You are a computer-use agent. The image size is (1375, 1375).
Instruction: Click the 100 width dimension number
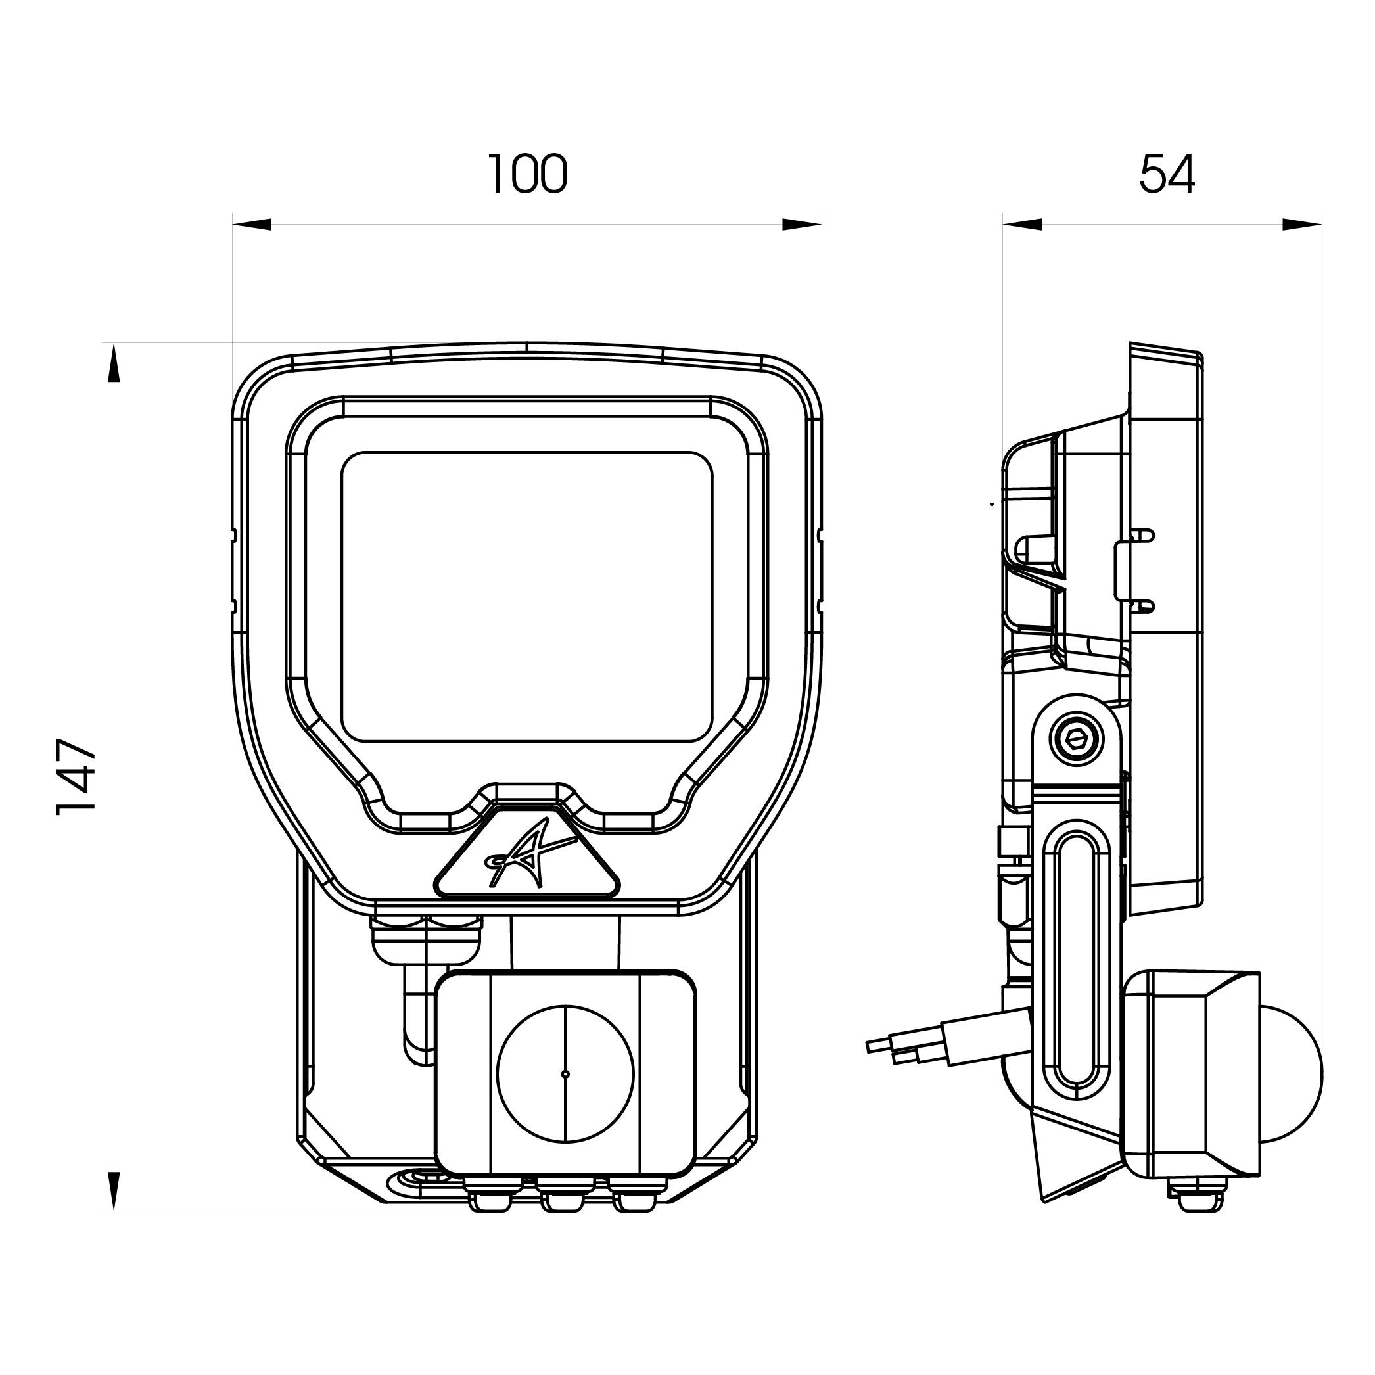(527, 174)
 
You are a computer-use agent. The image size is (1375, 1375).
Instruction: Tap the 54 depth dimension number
(1167, 174)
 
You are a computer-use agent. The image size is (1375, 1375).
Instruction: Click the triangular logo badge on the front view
(527, 854)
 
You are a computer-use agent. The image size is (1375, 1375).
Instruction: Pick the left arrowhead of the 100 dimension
(252, 224)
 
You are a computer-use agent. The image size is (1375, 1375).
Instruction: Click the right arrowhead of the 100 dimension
(803, 224)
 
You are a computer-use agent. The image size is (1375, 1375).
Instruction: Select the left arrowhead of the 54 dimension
(1022, 224)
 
